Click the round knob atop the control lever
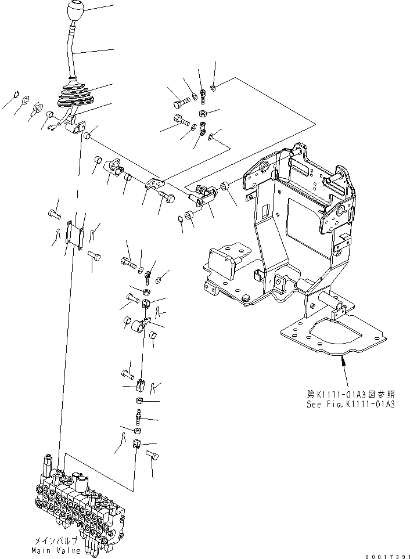click(77, 12)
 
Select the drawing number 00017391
click(386, 556)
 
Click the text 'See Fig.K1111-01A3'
click(351, 404)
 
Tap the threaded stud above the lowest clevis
click(138, 416)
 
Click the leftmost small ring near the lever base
click(17, 95)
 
